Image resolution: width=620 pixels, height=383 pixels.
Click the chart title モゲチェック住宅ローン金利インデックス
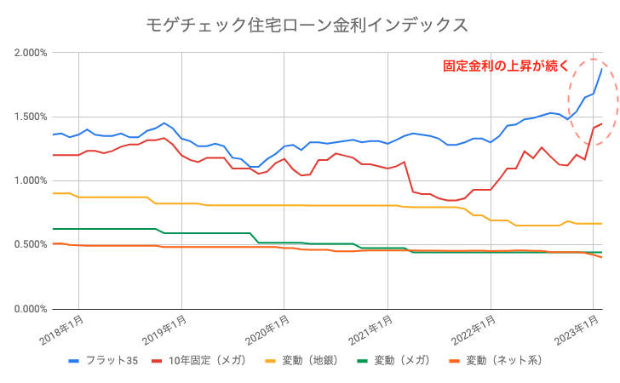tap(309, 25)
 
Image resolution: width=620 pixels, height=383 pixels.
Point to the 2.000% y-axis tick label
tap(31, 53)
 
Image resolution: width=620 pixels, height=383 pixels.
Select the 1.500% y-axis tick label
tap(31, 117)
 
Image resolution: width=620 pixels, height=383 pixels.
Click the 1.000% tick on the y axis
tap(31, 180)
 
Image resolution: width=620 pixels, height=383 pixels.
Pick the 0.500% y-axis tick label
tap(31, 244)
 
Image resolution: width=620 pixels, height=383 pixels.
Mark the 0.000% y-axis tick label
tap(31, 308)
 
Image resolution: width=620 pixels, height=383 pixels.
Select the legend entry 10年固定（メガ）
tap(203, 361)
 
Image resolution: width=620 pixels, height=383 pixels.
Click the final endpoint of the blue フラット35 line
tap(602, 69)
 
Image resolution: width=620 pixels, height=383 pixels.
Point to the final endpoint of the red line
tap(602, 123)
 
